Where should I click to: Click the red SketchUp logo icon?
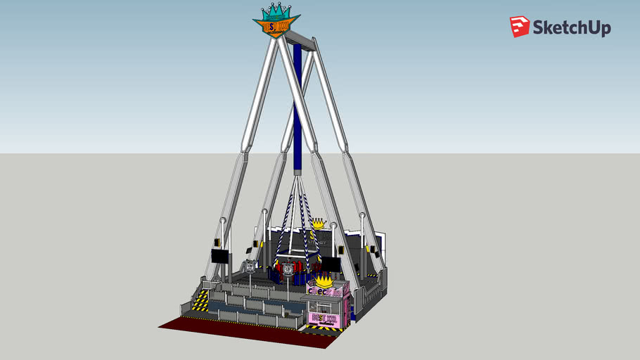coord(520,27)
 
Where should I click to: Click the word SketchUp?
coord(571,27)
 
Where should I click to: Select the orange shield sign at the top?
coord(276,26)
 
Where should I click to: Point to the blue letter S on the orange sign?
coord(275,26)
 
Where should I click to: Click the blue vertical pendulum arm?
coord(298,105)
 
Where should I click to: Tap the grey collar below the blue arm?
coord(298,172)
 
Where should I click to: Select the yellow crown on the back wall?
coord(321,224)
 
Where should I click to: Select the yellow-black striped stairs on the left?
coord(200,301)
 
